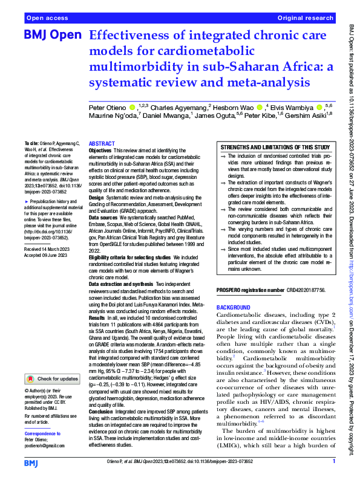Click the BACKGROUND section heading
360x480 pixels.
[237, 307]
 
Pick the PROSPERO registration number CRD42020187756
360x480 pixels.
[306, 291]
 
